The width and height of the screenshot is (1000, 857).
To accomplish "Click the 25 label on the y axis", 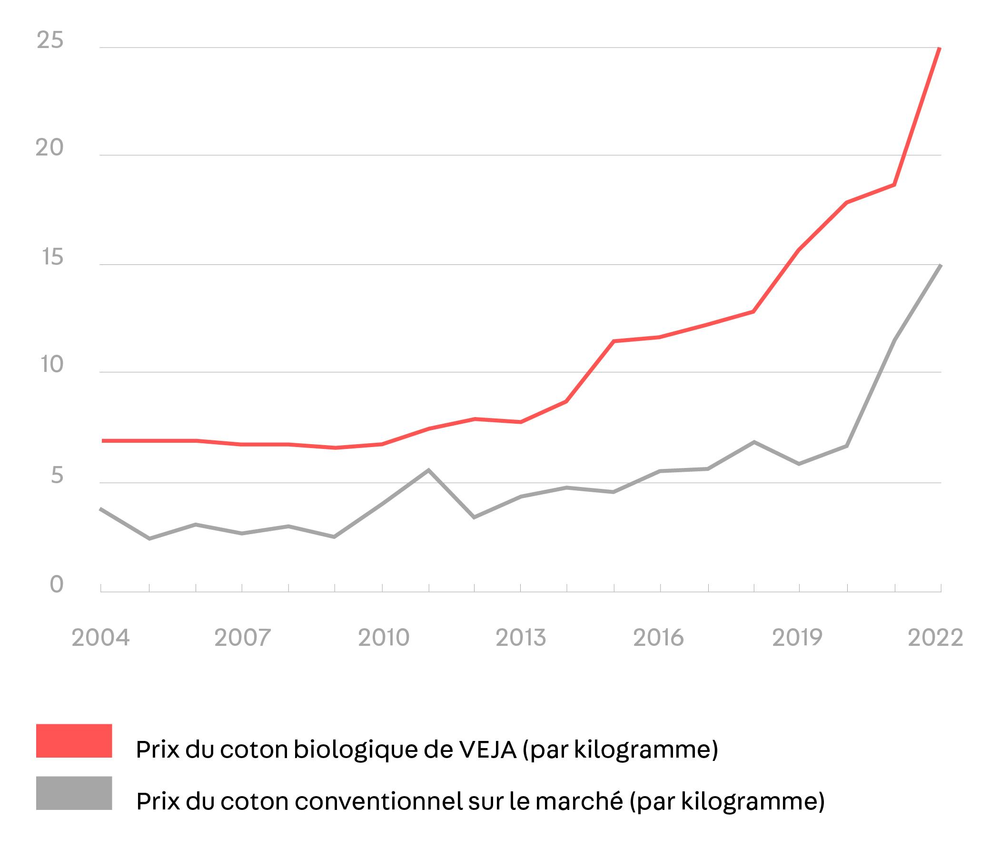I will point(50,40).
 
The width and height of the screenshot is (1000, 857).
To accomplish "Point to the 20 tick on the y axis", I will point(50,148).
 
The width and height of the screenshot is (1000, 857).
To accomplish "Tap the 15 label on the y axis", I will point(53,258).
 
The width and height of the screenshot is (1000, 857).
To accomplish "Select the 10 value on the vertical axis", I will point(52,365).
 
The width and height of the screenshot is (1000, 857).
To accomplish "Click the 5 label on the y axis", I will point(57,476).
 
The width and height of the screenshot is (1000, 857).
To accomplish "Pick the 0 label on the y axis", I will point(57,585).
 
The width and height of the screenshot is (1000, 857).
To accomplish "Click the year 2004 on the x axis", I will point(100,638).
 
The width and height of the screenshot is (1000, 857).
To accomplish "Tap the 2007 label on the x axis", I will point(242,638).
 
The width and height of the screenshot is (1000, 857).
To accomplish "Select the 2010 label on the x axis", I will point(384,638).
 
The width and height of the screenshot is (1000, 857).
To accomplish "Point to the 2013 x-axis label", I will point(521,638).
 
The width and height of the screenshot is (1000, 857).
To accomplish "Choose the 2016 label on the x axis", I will point(658,638).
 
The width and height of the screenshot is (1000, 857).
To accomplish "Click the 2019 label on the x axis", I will point(797,638).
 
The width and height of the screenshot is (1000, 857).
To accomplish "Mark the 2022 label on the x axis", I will point(935,638).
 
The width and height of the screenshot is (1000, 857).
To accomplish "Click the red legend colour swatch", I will point(74,741).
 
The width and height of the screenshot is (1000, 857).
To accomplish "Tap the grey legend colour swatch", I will point(74,793).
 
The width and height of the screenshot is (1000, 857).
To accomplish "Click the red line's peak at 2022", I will point(939,49).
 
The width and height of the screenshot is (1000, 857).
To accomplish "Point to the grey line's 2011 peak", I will point(428,470).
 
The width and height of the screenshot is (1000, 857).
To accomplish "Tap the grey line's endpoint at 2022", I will point(940,266).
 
